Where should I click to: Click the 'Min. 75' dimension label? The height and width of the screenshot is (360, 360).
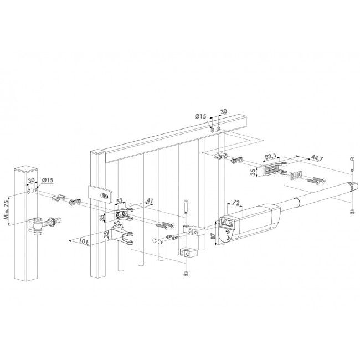click(x=7, y=209)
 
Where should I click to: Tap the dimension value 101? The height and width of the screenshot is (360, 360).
click(x=83, y=241)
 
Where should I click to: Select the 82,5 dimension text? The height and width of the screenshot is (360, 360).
click(x=270, y=157)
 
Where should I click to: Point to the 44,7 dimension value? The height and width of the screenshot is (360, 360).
click(x=317, y=158)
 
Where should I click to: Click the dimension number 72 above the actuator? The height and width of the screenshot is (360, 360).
click(x=236, y=203)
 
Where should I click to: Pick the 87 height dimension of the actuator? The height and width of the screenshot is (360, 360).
click(x=213, y=236)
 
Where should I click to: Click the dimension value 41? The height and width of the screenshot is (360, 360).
click(x=150, y=201)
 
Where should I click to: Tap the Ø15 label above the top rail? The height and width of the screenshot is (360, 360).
click(x=200, y=117)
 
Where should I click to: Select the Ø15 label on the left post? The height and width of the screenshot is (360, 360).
click(x=48, y=180)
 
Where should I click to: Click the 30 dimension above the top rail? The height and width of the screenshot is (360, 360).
click(x=223, y=111)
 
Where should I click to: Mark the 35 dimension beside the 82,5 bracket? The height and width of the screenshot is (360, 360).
click(x=253, y=171)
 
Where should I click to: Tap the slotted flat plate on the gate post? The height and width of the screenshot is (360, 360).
click(x=100, y=195)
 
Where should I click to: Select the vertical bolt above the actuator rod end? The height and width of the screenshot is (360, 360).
click(x=352, y=164)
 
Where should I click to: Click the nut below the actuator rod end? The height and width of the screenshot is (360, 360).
click(x=351, y=212)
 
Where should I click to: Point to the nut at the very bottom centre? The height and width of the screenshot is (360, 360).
click(x=186, y=274)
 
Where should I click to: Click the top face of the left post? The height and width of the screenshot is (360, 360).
click(x=25, y=170)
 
